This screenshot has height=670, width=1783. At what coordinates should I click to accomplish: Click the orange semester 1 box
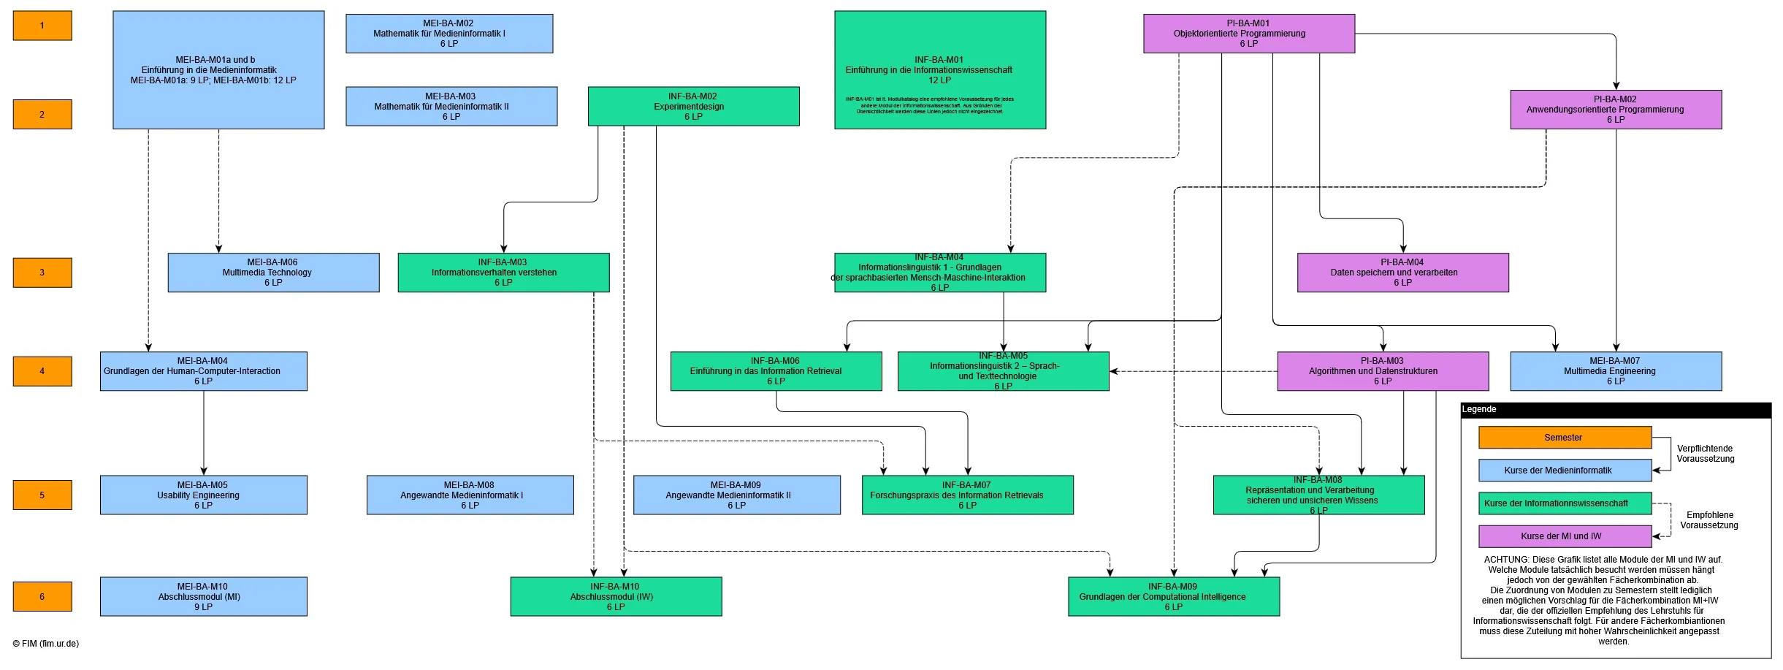click(x=42, y=26)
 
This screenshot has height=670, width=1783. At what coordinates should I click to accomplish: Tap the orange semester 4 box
click(x=42, y=371)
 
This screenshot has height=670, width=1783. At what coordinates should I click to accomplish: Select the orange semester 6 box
click(x=42, y=596)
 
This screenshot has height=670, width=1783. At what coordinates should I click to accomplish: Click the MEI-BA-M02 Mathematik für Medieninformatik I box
click(x=449, y=34)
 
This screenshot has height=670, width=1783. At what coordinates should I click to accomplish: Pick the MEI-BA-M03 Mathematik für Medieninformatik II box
click(x=451, y=107)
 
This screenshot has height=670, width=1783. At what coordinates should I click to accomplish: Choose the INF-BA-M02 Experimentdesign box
click(x=693, y=107)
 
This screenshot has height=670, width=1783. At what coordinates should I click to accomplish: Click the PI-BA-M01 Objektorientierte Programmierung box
click(x=1248, y=34)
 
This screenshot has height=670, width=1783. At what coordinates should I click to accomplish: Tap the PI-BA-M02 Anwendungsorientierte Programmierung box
click(x=1615, y=110)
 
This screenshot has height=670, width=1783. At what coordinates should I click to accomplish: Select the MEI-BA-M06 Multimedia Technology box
click(x=273, y=273)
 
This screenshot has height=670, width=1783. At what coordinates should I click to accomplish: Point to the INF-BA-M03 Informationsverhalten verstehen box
click(x=503, y=273)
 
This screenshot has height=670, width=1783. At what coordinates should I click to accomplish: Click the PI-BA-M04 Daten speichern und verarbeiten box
click(x=1402, y=273)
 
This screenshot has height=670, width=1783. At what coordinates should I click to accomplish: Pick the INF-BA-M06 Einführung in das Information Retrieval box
click(x=776, y=371)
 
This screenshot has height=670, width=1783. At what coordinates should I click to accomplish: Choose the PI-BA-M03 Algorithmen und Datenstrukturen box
click(x=1382, y=371)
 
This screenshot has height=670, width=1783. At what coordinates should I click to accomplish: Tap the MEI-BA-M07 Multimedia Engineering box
click(x=1615, y=371)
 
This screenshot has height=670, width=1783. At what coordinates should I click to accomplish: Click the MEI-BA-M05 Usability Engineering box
click(x=203, y=495)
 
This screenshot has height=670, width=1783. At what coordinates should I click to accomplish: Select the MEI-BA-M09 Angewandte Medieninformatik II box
click(x=736, y=495)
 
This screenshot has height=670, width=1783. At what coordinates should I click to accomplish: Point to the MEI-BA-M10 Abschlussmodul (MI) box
click(x=203, y=596)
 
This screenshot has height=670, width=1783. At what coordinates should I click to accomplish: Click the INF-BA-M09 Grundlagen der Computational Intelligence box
click(x=1173, y=596)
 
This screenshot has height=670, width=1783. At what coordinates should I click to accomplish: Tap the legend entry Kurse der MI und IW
click(x=1564, y=536)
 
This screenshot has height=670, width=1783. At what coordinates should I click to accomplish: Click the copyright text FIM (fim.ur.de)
click(x=46, y=644)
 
